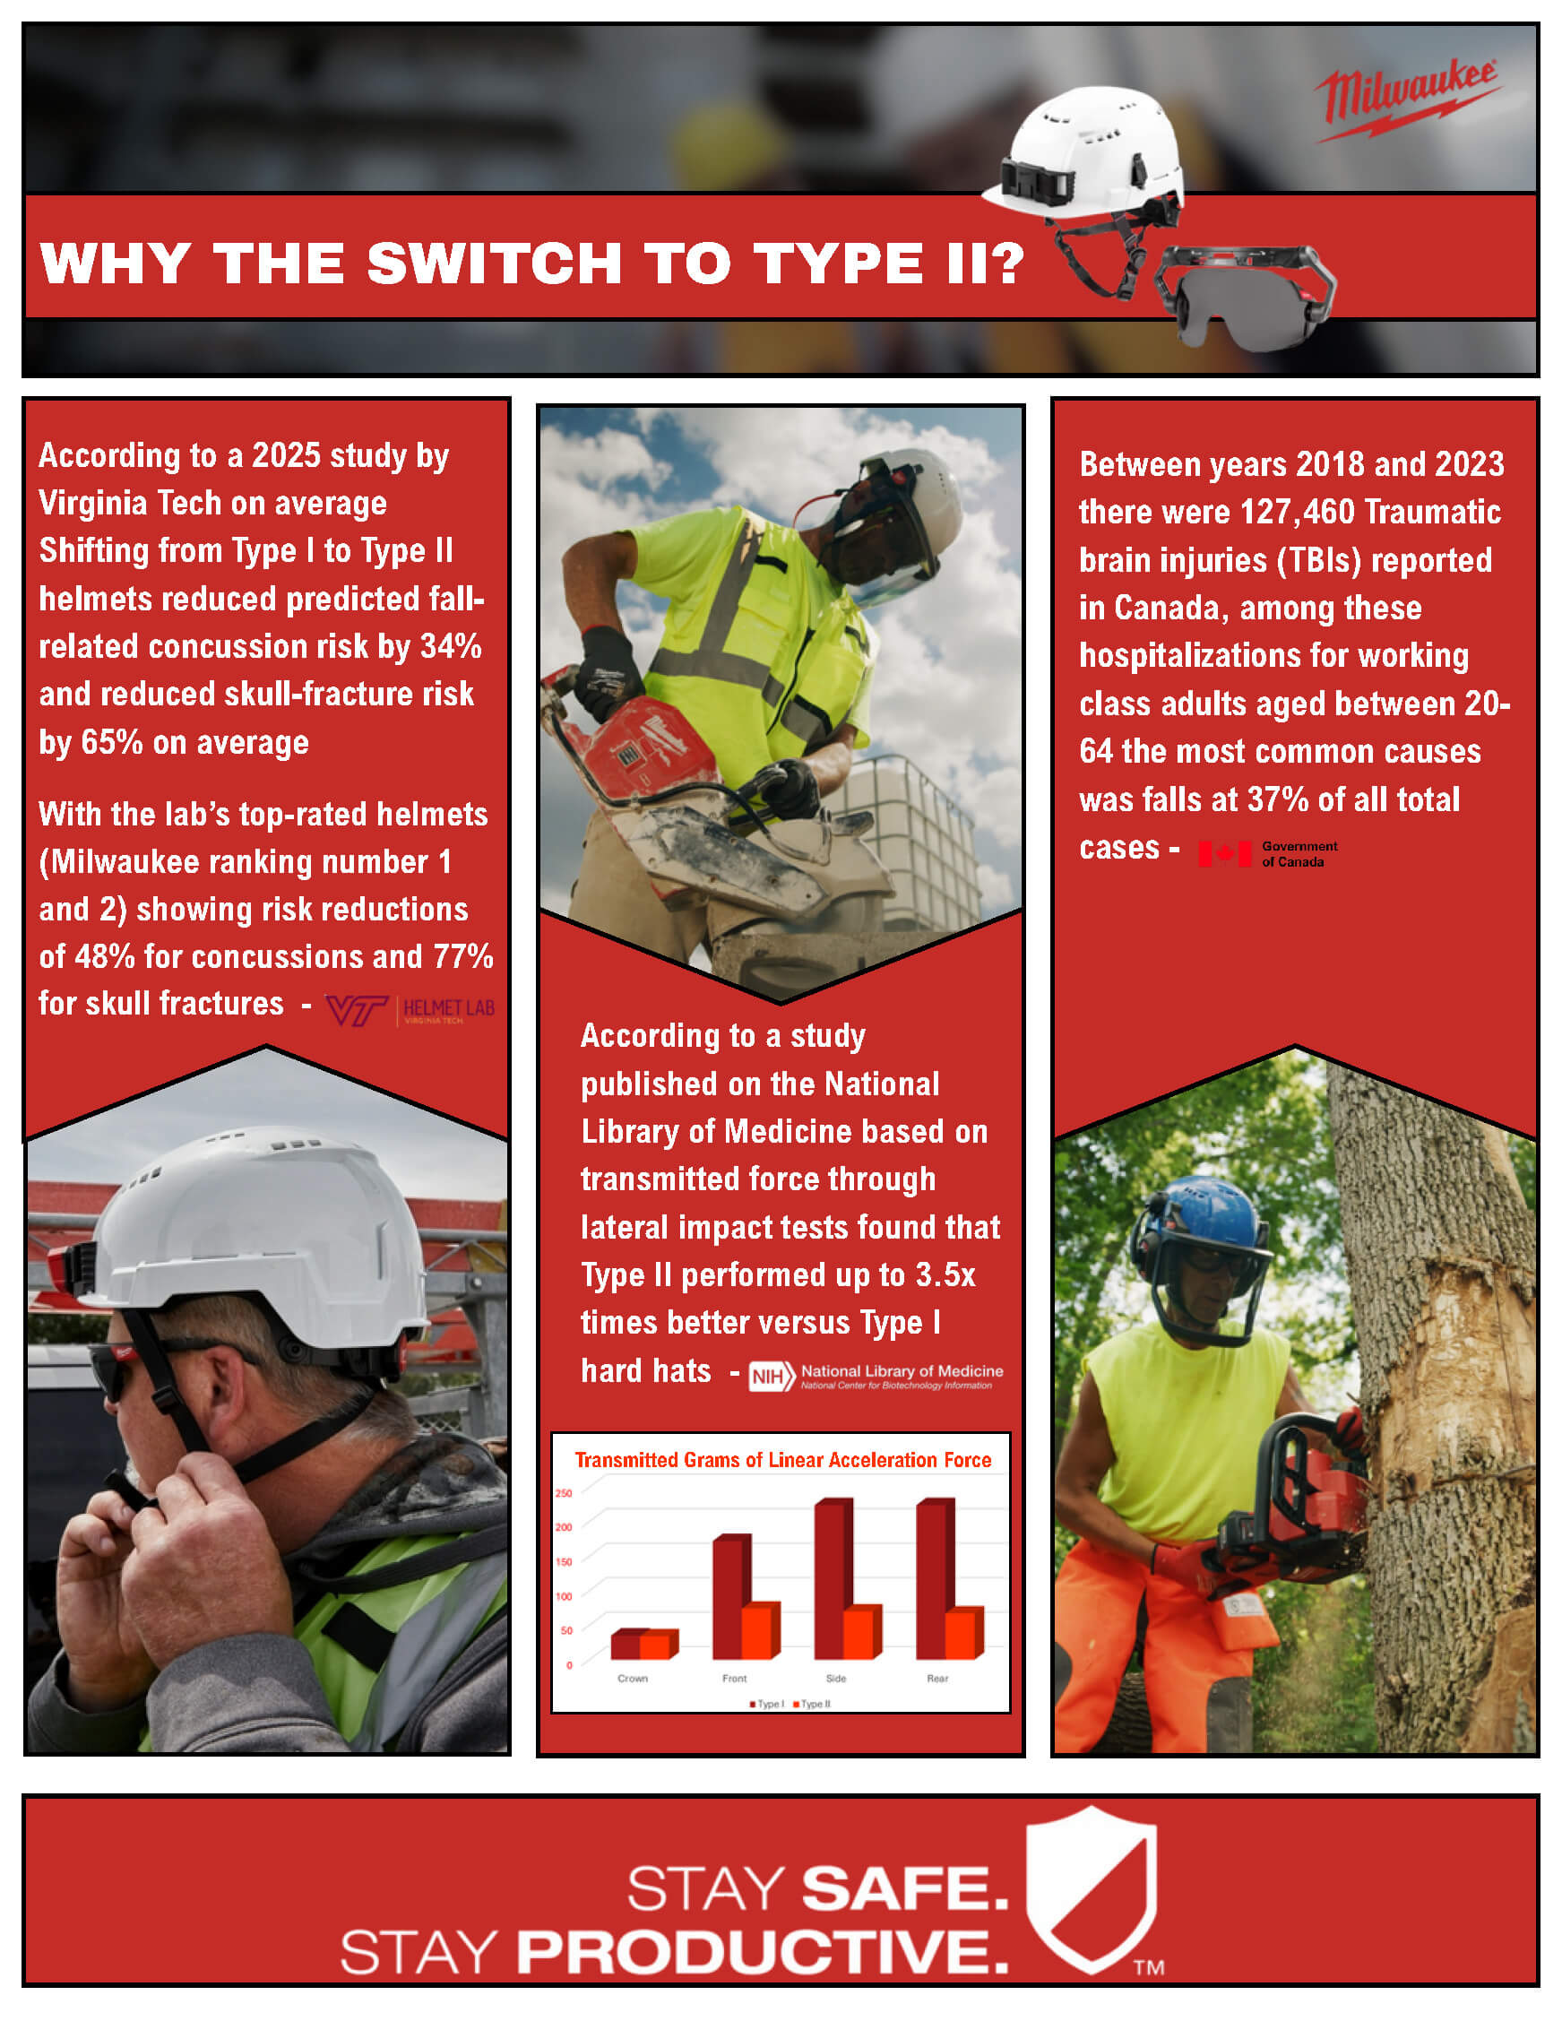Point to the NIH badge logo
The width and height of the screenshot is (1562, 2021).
click(x=771, y=1377)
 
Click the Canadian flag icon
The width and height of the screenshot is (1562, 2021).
click(x=1224, y=853)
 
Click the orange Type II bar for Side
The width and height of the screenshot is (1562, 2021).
click(x=858, y=1634)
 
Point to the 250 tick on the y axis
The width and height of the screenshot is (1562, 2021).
click(x=564, y=1493)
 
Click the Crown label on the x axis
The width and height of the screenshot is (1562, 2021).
click(x=633, y=1679)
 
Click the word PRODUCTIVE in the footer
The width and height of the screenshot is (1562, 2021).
click(x=762, y=1953)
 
